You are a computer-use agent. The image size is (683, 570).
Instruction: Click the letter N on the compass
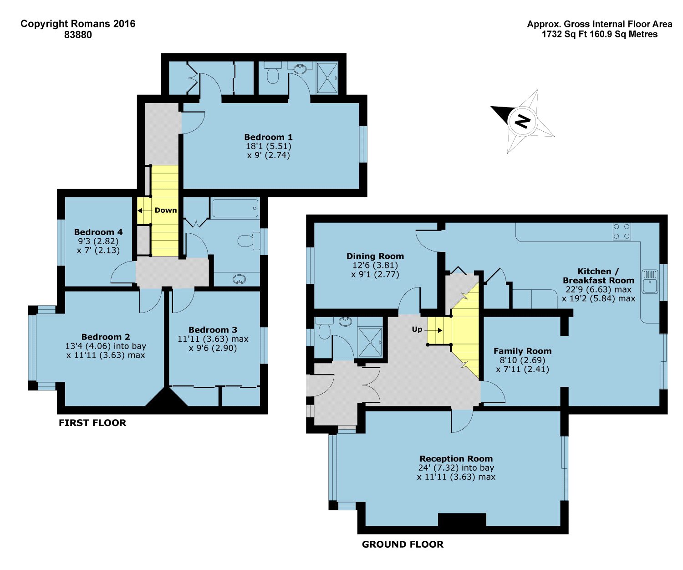522,121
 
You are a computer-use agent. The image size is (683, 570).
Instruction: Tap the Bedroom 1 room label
268,137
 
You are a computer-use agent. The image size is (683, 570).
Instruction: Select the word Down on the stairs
166,210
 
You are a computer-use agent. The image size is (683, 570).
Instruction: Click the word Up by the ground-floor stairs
417,329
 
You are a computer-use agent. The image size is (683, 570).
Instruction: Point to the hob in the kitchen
622,231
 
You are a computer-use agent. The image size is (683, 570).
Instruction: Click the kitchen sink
650,281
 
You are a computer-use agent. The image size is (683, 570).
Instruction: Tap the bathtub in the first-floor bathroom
235,208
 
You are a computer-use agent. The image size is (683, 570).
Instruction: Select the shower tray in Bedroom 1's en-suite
327,78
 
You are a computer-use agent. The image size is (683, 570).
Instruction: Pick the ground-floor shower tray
370,342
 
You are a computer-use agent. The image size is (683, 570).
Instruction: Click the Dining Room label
375,256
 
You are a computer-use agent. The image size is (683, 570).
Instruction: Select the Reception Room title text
456,459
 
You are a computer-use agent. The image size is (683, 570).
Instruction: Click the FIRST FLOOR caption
92,423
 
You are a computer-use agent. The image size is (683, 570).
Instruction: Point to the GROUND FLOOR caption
403,544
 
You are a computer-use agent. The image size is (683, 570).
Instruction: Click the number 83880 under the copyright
78,35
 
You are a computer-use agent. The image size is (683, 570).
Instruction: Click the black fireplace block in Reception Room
462,519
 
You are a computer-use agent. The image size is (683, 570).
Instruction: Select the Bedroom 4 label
98,232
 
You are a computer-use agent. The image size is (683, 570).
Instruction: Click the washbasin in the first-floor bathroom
240,279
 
